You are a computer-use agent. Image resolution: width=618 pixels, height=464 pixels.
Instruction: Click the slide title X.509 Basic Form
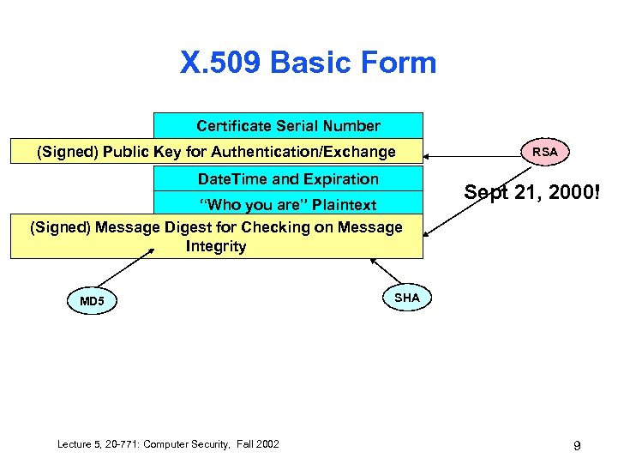(x=308, y=63)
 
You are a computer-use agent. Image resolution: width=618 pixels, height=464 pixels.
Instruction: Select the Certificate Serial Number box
(x=288, y=126)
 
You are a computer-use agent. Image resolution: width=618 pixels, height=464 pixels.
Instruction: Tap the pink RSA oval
(x=544, y=152)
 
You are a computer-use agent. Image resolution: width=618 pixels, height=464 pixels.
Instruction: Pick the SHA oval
(x=407, y=298)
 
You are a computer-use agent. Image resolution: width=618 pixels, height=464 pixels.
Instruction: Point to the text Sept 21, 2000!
(x=531, y=193)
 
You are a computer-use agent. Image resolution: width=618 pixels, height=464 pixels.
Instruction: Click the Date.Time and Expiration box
(x=288, y=179)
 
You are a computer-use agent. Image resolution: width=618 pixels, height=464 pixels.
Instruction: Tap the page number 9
(x=577, y=445)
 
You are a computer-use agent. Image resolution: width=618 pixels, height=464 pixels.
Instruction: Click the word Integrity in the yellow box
(x=216, y=246)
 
